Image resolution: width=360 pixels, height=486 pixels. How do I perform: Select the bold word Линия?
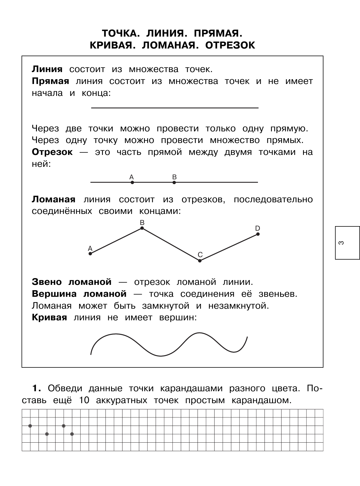[x=47, y=69]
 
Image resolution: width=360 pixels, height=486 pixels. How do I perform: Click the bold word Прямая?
[x=50, y=81]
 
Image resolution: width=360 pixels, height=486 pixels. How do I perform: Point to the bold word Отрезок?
[x=52, y=152]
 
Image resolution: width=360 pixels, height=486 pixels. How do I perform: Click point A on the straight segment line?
[x=132, y=182]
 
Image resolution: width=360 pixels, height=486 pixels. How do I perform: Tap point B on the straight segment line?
[x=174, y=182]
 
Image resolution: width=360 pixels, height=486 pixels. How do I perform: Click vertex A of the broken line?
[x=90, y=254]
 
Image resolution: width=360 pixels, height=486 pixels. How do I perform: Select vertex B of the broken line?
[x=142, y=228]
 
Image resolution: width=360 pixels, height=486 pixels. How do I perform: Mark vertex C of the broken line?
[x=200, y=260]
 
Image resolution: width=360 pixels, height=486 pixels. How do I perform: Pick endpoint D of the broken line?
[x=258, y=234]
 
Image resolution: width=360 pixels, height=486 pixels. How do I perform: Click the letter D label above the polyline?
[x=257, y=228]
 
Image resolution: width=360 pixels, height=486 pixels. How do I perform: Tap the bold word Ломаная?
[x=54, y=199]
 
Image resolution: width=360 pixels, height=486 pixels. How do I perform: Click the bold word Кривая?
[x=49, y=317]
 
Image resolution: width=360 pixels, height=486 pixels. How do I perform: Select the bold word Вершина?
[x=54, y=294]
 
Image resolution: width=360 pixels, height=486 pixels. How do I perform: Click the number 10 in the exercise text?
[x=84, y=400]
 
